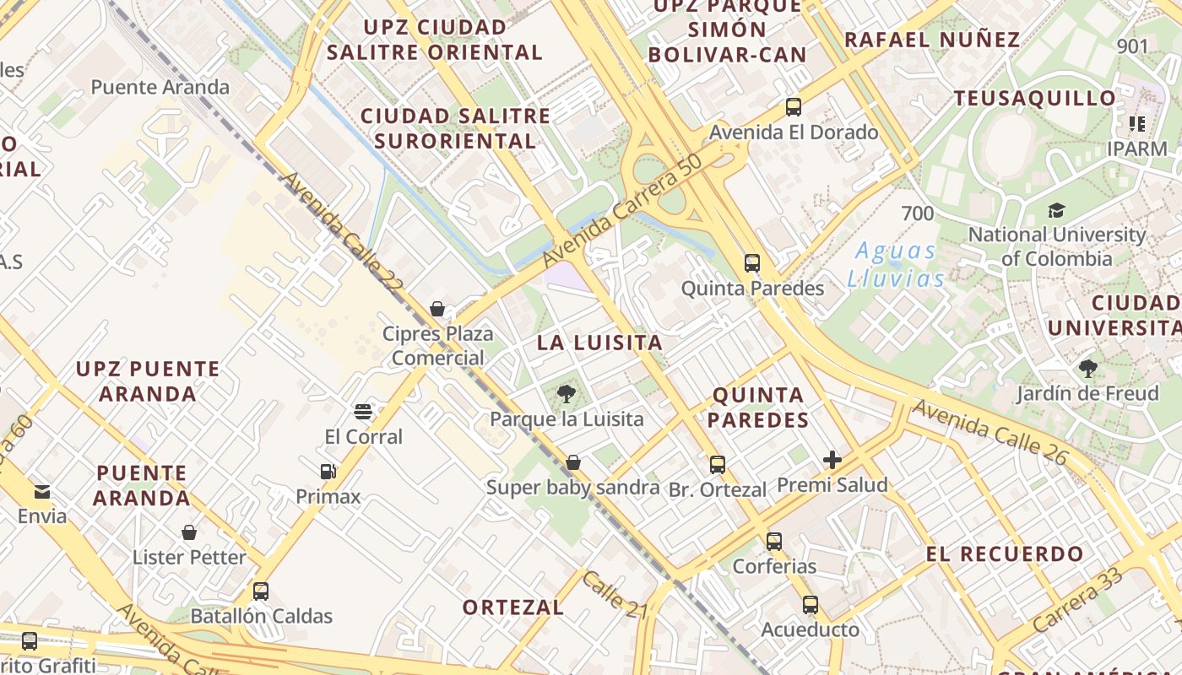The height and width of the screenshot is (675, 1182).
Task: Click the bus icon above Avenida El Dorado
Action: click(793, 107)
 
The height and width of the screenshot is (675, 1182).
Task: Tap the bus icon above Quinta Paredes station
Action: click(752, 263)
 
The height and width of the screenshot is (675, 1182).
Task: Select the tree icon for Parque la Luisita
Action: click(567, 393)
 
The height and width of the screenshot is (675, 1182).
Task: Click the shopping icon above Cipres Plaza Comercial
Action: click(437, 309)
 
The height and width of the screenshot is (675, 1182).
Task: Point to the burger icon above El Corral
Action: click(364, 412)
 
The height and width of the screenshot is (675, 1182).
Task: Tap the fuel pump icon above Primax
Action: click(328, 472)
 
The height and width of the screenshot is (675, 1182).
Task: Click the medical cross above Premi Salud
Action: click(832, 460)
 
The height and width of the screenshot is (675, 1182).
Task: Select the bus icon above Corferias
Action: click(774, 541)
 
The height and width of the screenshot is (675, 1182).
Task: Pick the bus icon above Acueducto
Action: click(811, 605)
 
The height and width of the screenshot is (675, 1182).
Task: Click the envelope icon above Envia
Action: click(41, 491)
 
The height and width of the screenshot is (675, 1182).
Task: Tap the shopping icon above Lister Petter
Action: click(189, 532)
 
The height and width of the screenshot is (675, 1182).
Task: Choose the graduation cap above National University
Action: click(1056, 210)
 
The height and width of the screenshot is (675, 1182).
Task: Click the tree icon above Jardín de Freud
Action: click(1087, 368)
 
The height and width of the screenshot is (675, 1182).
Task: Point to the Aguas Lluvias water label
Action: click(896, 264)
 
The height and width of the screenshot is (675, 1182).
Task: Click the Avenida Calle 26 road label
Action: click(990, 432)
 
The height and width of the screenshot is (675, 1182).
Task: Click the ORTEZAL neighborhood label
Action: click(513, 607)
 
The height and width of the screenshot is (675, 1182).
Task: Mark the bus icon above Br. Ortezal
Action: click(718, 464)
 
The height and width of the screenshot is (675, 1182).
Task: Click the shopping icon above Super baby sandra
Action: click(573, 462)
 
